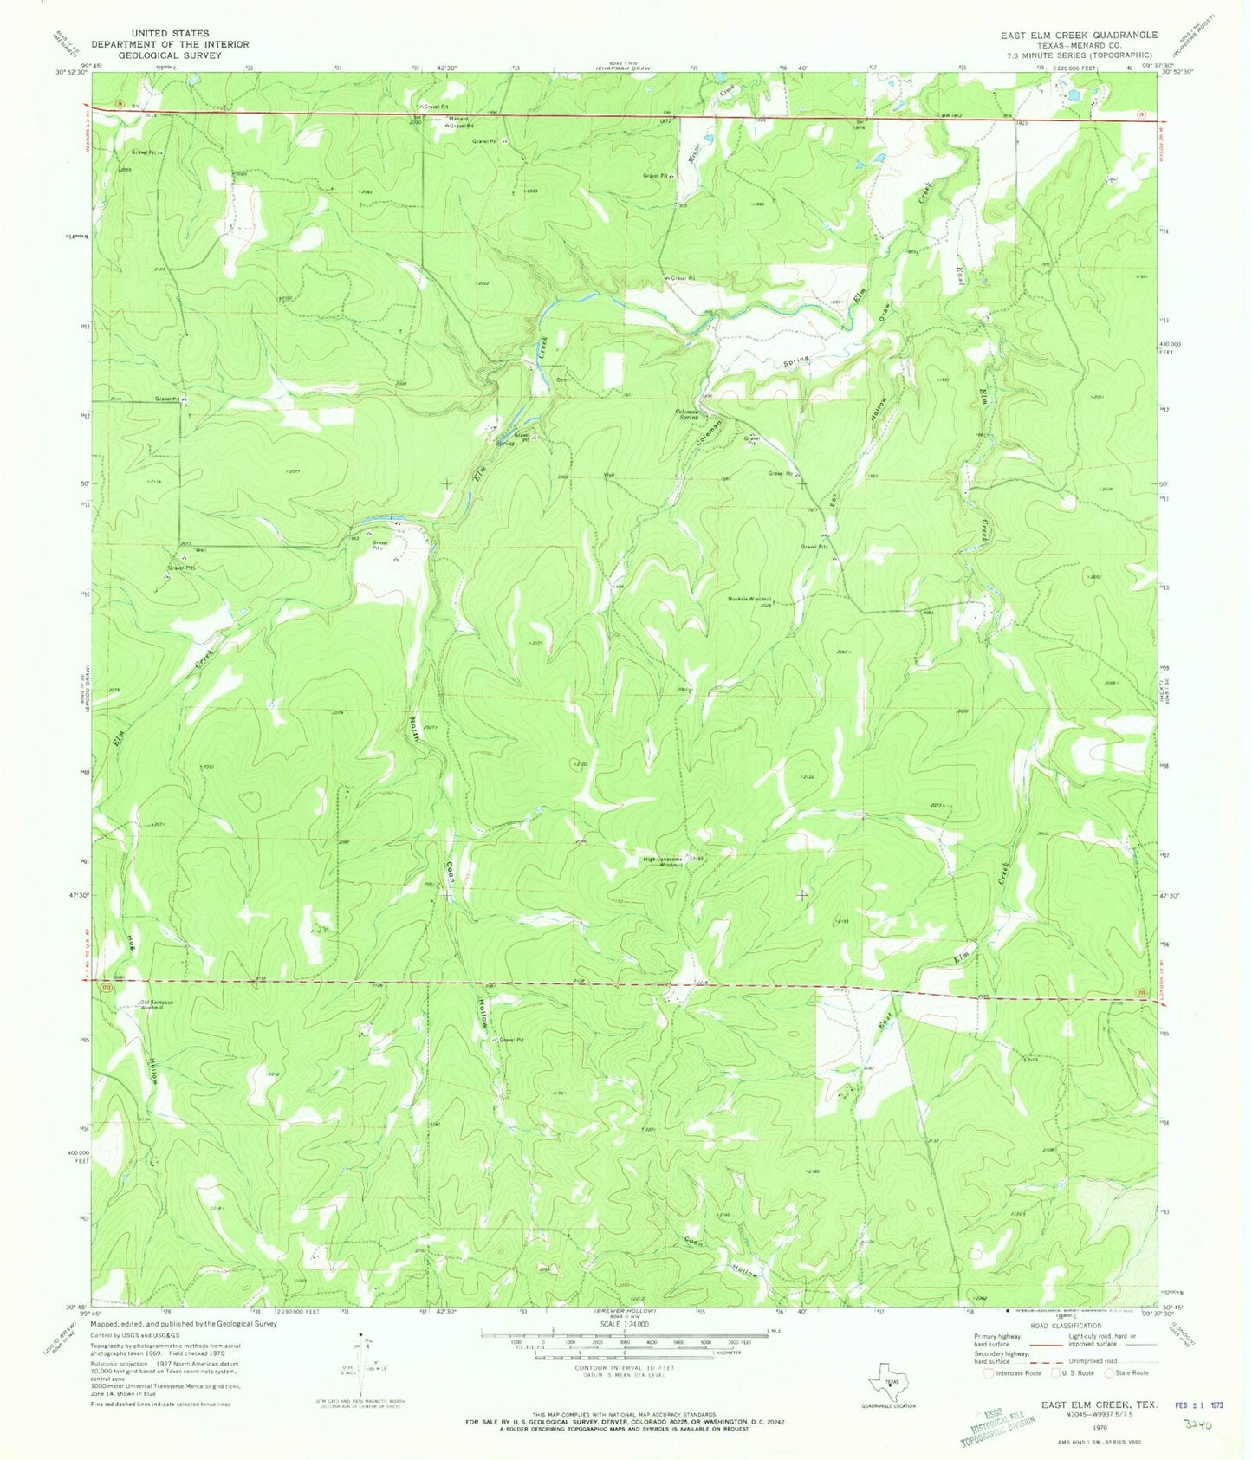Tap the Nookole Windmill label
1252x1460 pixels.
tap(749, 599)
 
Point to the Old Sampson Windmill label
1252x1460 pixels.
tap(157, 1006)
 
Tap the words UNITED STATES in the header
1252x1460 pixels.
tap(170, 34)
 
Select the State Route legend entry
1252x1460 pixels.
tap(1130, 1372)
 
